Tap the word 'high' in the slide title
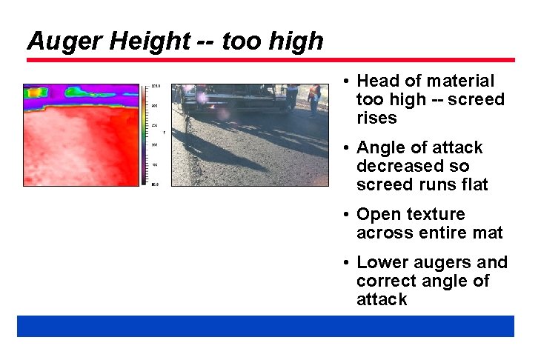295,41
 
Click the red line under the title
270,60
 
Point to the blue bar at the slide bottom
265,326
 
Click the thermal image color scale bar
145,134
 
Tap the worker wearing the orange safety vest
315,96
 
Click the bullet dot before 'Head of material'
346,81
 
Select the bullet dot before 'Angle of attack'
346,147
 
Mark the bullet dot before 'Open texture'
346,214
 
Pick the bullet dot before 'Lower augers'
346,262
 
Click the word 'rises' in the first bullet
376,119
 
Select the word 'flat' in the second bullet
472,185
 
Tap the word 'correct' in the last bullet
385,281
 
